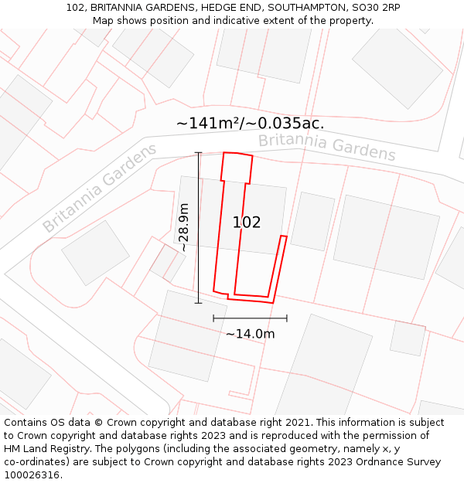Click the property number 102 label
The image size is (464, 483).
coord(247,223)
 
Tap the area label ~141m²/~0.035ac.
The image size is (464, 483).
coord(250,123)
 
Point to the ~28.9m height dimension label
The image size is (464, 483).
coord(183,227)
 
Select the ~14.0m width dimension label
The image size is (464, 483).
coord(250,334)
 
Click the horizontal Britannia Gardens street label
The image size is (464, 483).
coord(326,147)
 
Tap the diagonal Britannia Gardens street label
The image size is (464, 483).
coord(99,188)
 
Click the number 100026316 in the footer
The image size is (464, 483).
coord(31,475)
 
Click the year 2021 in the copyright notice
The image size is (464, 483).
coord(297,423)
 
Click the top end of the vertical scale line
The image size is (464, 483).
coord(199,152)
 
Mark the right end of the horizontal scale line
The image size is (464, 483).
coord(287,318)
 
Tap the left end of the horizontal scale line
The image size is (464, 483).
coord(213,318)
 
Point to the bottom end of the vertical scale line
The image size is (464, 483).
coord(199,303)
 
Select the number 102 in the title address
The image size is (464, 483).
coord(75,8)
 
